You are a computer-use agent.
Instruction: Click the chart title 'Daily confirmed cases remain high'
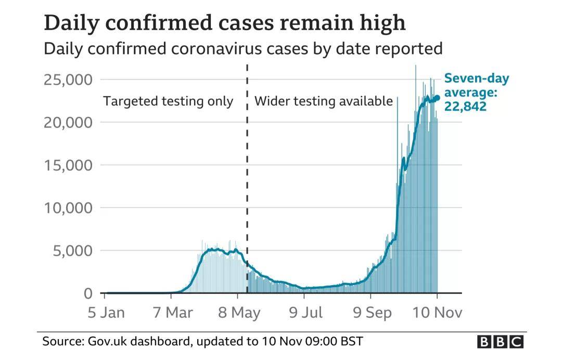pyautogui.click(x=224, y=23)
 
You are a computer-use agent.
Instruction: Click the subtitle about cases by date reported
pyautogui.click(x=243, y=49)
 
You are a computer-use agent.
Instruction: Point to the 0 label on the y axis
pyautogui.click(x=88, y=293)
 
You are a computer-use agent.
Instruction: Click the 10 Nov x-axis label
pyautogui.click(x=437, y=313)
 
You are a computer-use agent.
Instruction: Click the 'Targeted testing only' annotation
pyautogui.click(x=168, y=101)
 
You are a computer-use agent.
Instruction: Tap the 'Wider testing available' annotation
pyautogui.click(x=323, y=101)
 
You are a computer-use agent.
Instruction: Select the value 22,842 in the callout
pyautogui.click(x=465, y=107)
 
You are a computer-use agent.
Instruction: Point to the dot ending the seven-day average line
pyautogui.click(x=437, y=98)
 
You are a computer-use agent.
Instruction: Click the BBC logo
pyautogui.click(x=500, y=342)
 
